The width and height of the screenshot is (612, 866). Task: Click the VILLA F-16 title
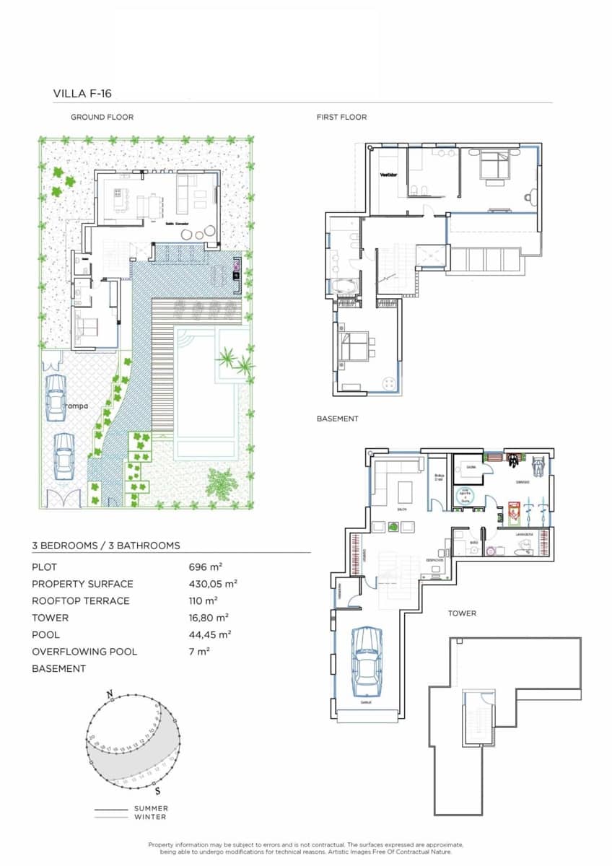tap(82, 93)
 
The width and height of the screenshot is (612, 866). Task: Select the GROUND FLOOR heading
tap(102, 117)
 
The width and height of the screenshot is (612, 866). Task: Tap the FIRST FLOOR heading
tap(341, 117)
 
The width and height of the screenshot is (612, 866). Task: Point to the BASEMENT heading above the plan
tap(337, 419)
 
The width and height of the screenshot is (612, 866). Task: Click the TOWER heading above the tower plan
tap(462, 613)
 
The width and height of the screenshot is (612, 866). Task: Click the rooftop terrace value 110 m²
tap(203, 600)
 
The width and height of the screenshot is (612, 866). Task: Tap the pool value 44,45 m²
tap(209, 634)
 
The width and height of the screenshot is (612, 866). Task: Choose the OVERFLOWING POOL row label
tap(84, 652)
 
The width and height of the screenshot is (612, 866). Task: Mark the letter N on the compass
tap(110, 694)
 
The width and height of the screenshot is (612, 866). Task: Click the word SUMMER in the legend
tap(151, 809)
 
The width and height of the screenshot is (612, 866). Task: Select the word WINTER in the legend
tap(150, 817)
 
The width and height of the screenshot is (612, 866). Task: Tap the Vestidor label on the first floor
tap(389, 174)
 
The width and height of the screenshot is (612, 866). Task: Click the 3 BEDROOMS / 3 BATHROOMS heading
tap(106, 546)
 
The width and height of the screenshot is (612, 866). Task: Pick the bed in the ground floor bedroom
tap(88, 327)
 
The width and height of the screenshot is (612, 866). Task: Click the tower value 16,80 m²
tap(209, 618)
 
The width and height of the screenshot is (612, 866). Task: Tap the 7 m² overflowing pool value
tap(198, 652)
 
